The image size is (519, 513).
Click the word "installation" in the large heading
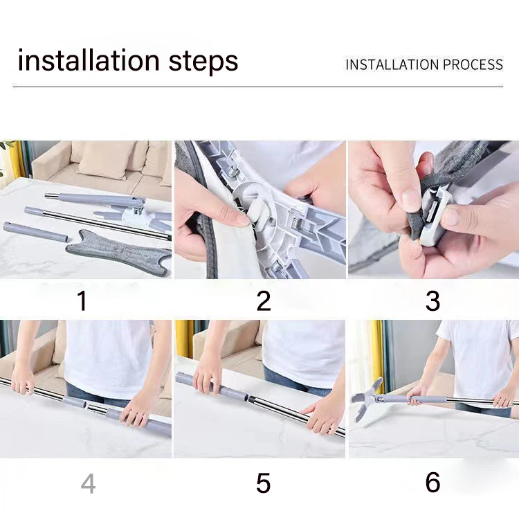[89, 60]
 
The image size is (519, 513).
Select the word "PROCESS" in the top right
[473, 64]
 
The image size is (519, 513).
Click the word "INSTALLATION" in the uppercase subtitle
[392, 64]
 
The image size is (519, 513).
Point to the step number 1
[82, 300]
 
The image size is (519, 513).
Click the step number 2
[264, 300]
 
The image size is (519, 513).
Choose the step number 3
[432, 300]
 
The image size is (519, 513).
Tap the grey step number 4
[89, 483]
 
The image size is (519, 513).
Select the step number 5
[264, 483]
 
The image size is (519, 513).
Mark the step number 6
[432, 482]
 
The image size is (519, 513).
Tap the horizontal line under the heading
[258, 87]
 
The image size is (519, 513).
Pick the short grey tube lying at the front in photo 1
[35, 232]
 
